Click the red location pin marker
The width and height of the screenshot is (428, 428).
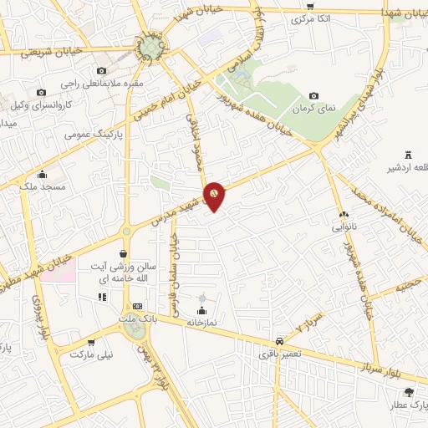pyautogui.click(x=215, y=195)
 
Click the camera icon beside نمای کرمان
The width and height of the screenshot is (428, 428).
pyautogui.click(x=313, y=96)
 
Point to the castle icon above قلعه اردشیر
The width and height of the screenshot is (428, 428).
pyautogui.click(x=408, y=154)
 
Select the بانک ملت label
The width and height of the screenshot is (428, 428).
pyautogui.click(x=138, y=318)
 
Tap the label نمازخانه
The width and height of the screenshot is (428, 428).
pyautogui.click(x=201, y=321)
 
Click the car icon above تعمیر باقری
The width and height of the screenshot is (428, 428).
pyautogui.click(x=278, y=342)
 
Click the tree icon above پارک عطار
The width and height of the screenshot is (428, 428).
pyautogui.click(x=408, y=392)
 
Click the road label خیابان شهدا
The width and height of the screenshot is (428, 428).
pyautogui.click(x=396, y=13)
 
